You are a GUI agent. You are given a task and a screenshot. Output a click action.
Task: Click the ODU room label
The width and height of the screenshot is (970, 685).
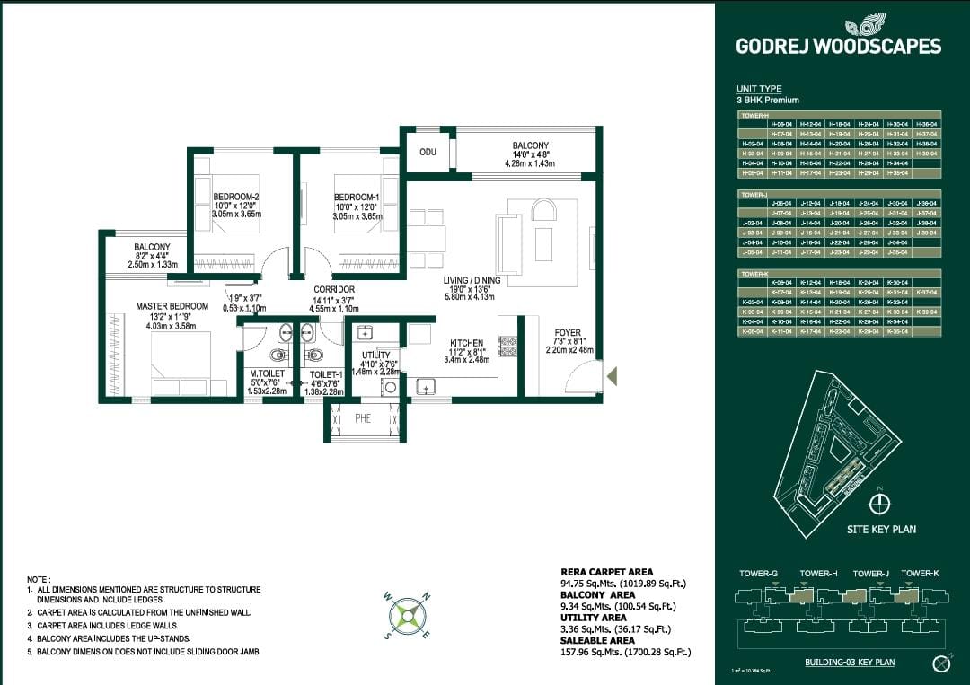click(428, 152)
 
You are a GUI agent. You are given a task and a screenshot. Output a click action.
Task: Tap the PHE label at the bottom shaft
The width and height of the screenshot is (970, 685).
click(363, 417)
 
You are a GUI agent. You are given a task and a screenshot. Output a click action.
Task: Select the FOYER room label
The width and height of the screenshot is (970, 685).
click(568, 333)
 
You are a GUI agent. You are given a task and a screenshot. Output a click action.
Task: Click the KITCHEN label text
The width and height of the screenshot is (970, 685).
click(467, 343)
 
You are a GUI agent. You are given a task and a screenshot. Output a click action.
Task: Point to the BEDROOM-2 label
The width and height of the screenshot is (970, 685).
click(236, 197)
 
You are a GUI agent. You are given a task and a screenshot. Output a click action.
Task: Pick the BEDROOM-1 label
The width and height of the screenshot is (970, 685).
click(357, 197)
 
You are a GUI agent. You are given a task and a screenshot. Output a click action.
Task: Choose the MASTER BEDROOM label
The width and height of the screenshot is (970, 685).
click(172, 306)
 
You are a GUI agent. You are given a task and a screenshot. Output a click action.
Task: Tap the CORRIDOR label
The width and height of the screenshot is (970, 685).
click(334, 289)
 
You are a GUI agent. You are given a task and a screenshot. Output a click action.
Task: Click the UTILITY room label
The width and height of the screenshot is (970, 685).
click(375, 356)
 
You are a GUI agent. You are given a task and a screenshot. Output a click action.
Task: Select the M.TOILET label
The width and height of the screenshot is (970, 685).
click(266, 373)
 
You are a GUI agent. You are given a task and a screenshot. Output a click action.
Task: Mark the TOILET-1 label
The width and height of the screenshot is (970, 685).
click(325, 373)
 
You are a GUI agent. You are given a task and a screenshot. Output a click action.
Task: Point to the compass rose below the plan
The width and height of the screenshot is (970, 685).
click(405, 615)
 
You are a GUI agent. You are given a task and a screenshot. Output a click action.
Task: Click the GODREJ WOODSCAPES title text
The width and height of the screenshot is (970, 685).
click(838, 46)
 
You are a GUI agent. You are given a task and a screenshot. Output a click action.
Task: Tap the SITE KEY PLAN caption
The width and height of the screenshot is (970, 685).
click(881, 530)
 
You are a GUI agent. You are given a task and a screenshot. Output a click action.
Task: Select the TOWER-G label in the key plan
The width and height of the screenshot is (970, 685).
click(760, 573)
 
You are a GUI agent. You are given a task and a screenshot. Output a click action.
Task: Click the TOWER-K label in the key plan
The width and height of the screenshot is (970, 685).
click(920, 573)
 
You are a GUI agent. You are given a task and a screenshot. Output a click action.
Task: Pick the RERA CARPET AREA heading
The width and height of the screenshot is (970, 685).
click(606, 572)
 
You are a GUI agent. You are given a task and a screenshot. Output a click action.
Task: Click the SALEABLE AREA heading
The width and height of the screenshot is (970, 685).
click(598, 640)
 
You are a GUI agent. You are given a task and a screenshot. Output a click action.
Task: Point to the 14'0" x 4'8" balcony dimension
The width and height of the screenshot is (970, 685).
click(531, 154)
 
